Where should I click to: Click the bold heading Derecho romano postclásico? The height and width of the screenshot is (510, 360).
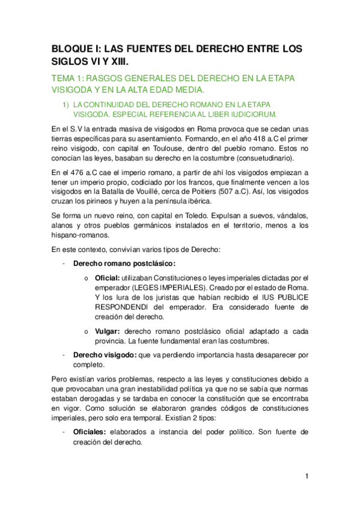[x=124, y=263]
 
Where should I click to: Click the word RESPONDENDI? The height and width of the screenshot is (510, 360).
[x=123, y=310]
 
